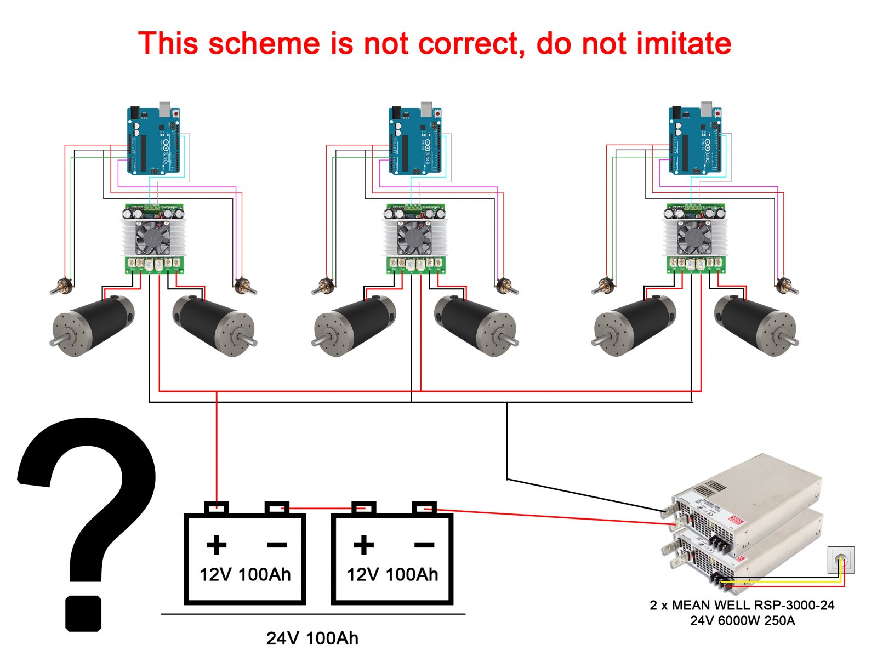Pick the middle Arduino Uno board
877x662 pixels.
click(x=415, y=140)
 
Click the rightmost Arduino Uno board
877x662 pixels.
click(x=695, y=140)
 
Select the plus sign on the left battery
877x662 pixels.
click(x=217, y=545)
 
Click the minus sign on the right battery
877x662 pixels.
click(x=424, y=545)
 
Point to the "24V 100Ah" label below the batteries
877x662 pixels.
click(x=312, y=638)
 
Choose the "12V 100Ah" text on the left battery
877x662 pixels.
click(x=245, y=574)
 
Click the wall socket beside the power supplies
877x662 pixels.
click(x=841, y=560)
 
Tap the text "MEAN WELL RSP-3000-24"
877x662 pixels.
click(x=753, y=605)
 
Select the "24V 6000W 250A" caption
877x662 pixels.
click(x=742, y=621)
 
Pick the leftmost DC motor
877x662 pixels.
click(x=93, y=326)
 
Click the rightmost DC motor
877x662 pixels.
click(x=756, y=326)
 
